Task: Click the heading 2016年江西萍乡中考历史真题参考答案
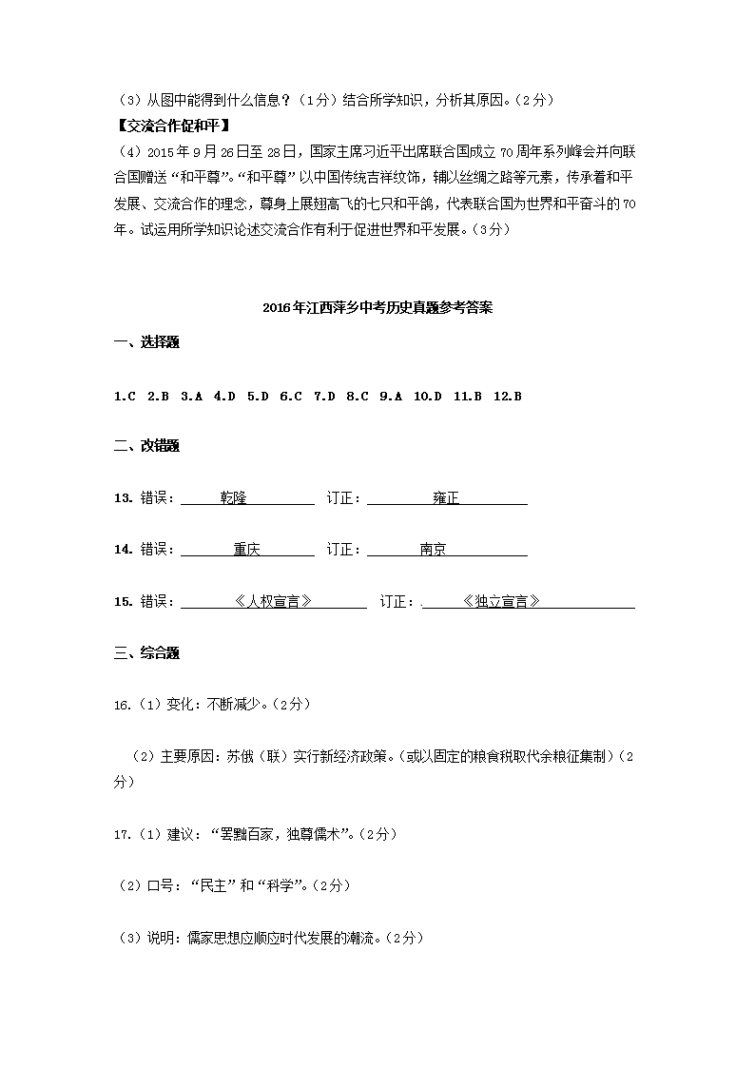[x=377, y=308]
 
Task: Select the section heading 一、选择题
[x=146, y=343]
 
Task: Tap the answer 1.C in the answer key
[x=125, y=396]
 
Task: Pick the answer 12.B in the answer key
[x=508, y=396]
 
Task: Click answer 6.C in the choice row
[x=291, y=396]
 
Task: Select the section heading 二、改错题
[x=146, y=446]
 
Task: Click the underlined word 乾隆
[x=233, y=497]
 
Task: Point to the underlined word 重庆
[x=246, y=550]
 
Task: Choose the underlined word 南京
[x=433, y=550]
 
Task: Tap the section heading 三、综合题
[x=146, y=652]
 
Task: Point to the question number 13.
[x=122, y=497]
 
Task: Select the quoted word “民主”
[x=213, y=885]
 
